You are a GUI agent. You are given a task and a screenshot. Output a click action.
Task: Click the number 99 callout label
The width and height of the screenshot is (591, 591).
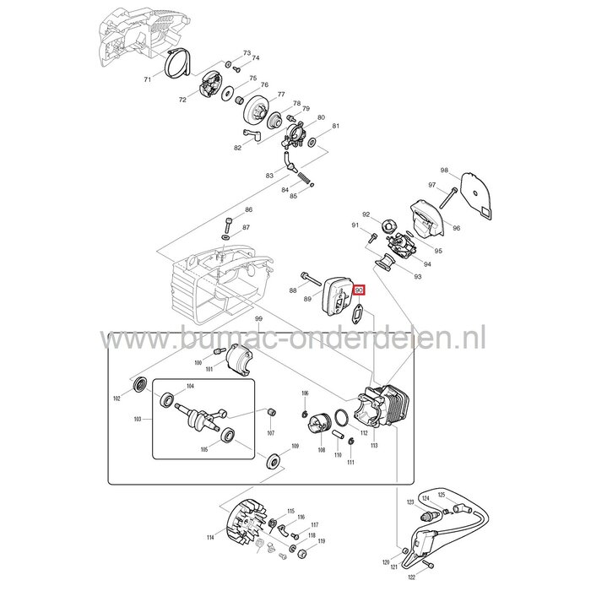coord(258,318)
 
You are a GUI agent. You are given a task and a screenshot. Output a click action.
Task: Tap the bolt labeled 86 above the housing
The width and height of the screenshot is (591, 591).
coord(230,225)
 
